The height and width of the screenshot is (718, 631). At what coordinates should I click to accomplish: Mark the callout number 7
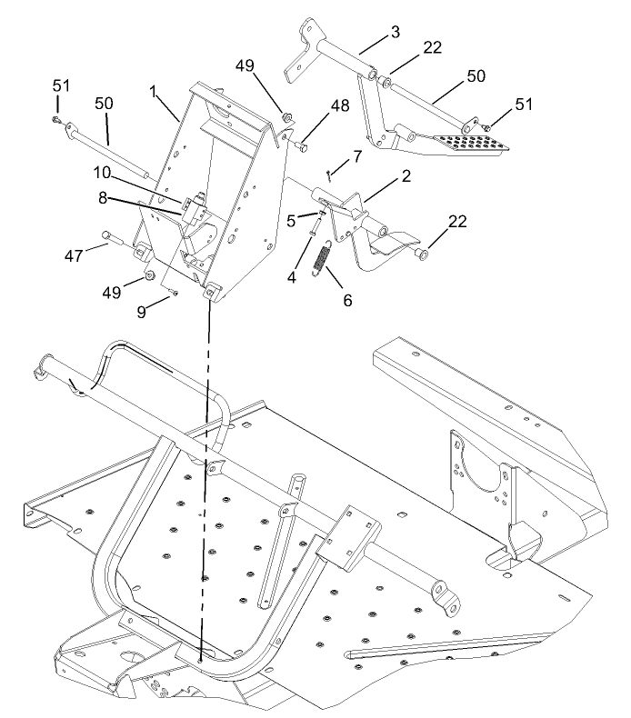tap(357, 155)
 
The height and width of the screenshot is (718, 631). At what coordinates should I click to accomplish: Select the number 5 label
tap(290, 218)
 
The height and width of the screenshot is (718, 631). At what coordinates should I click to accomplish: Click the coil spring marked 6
tap(320, 256)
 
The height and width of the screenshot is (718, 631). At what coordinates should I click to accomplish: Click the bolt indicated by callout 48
tap(303, 145)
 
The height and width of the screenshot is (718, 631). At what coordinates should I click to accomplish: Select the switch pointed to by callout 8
tap(194, 211)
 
